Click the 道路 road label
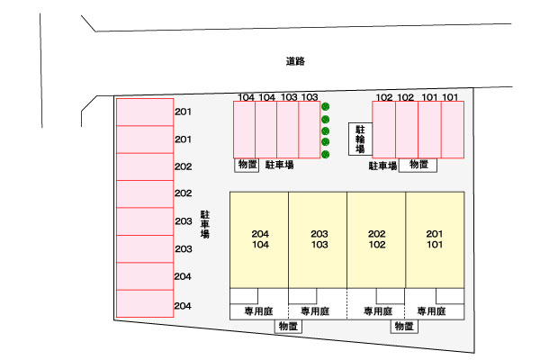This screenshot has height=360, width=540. click(295, 62)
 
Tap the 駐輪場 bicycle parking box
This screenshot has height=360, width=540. click(359, 139)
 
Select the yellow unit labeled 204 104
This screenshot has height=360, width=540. click(260, 238)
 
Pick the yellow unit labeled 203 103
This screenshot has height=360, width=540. click(318, 238)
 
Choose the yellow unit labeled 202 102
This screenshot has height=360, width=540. click(377, 238)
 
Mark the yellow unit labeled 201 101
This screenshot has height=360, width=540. click(435, 238)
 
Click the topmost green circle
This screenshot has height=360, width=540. click(326, 108)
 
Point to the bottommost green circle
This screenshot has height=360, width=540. click(326, 154)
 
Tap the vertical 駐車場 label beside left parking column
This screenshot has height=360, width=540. click(205, 224)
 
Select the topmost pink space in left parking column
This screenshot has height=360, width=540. click(144, 112)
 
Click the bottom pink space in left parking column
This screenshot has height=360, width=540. click(144, 303)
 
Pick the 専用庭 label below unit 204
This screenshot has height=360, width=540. click(258, 311)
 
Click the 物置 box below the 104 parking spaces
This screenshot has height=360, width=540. click(247, 165)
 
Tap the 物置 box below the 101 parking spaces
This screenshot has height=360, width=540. click(419, 165)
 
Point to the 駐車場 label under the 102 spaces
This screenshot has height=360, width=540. click(382, 166)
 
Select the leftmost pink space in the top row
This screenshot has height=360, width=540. click(244, 130)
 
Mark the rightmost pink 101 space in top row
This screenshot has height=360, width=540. click(453, 130)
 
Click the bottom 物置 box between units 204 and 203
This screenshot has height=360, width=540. click(289, 326)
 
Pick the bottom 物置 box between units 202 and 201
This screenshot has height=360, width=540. click(404, 326)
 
